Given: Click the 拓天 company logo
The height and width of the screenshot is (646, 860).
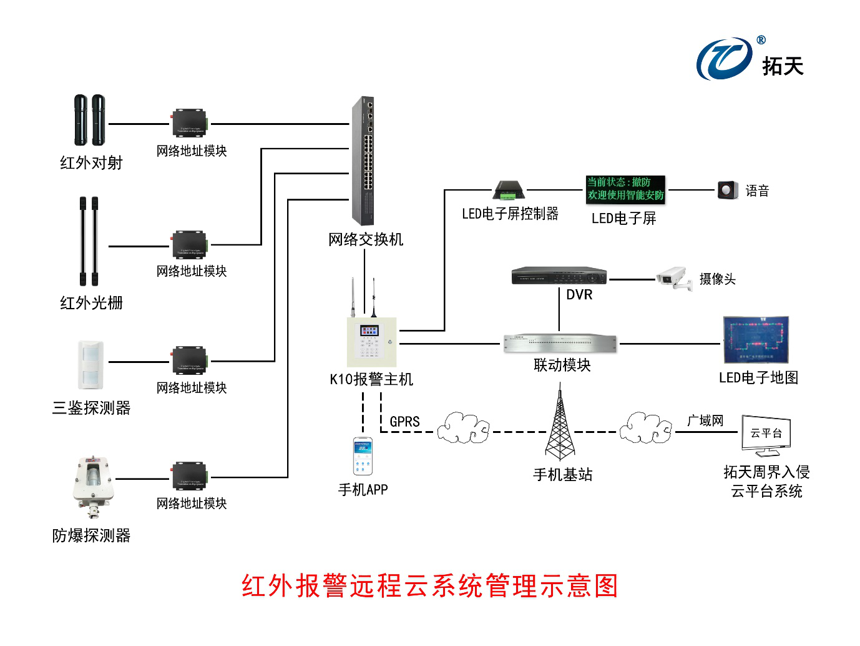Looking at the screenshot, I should click(x=749, y=59).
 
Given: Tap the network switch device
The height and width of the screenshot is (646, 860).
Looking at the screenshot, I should click(x=363, y=161).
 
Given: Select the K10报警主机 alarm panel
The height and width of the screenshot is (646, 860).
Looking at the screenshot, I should click(x=372, y=342).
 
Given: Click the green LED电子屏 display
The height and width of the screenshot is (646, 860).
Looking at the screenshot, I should click(x=625, y=189).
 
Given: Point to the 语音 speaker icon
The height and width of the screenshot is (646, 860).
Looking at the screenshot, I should click(x=727, y=190).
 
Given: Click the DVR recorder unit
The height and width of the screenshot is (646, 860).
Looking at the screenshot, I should click(x=559, y=276).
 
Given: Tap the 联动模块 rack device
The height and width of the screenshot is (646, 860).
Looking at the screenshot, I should click(x=560, y=343).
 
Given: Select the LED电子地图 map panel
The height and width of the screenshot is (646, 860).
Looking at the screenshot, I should click(x=756, y=340).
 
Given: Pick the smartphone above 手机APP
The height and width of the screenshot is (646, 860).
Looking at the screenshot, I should click(x=363, y=457).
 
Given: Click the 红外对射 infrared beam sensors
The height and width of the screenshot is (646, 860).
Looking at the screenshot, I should click(x=90, y=120).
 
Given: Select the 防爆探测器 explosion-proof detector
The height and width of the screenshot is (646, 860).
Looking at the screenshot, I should click(x=93, y=484).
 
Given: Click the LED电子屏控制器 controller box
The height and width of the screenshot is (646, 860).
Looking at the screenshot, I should click(x=509, y=190).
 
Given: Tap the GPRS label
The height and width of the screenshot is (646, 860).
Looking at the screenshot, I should click(x=404, y=422).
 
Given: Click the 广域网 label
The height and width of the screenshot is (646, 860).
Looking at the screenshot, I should click(x=705, y=420).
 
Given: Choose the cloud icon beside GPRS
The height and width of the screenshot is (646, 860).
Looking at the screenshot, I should click(x=462, y=428).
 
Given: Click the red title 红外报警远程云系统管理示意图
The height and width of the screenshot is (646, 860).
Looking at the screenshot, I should click(x=429, y=586).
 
